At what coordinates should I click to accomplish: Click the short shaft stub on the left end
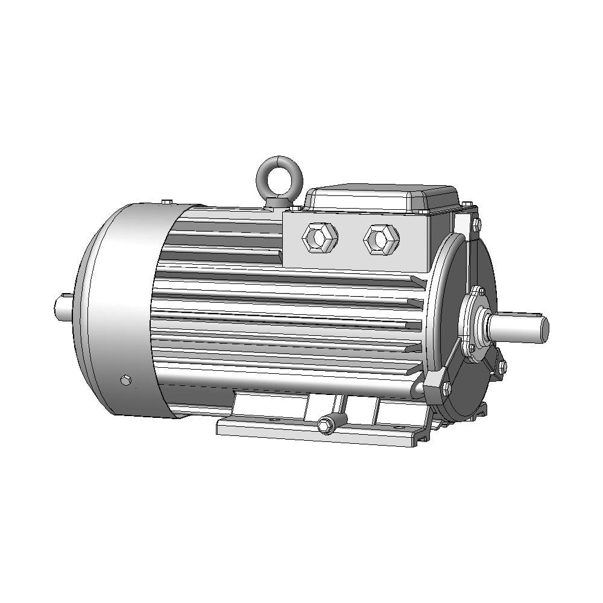[x=62, y=307]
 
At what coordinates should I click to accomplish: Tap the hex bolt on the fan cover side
[x=125, y=380]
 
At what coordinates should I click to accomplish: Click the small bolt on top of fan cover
[x=167, y=201]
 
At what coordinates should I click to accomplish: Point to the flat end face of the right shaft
[x=544, y=327]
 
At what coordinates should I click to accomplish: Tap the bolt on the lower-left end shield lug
[x=446, y=388]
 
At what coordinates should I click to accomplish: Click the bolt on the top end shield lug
[x=475, y=226]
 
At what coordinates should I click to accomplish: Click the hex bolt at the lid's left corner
[x=297, y=208]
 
